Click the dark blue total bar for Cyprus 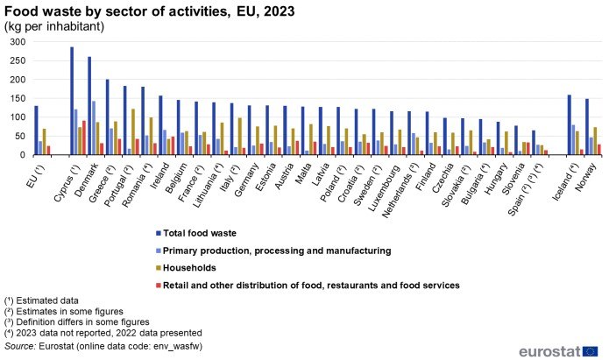tap(72, 101)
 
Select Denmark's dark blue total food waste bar tap(89, 106)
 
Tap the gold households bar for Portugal tap(132, 132)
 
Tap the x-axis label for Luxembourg tap(373, 180)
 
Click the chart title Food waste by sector tap(149, 11)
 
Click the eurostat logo tap(561, 350)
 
